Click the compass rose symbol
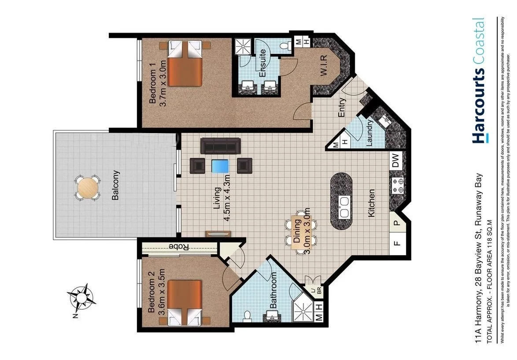82,297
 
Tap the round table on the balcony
87,189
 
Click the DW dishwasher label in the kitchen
395,161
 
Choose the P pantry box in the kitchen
396,223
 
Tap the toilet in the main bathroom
247,315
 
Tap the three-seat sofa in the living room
220,145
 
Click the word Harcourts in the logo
478,106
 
